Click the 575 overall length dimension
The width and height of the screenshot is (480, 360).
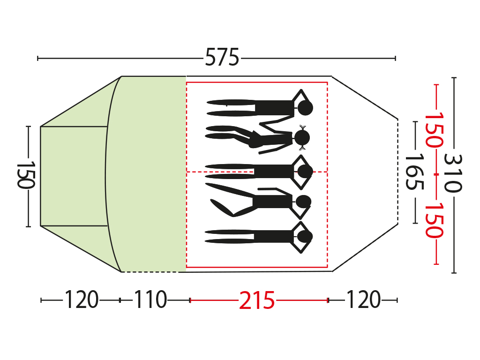pyautogui.click(x=222, y=57)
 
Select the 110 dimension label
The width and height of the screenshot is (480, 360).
pyautogui.click(x=150, y=300)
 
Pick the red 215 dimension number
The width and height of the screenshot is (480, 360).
pyautogui.click(x=257, y=300)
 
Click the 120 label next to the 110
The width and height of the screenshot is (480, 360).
pyautogui.click(x=82, y=300)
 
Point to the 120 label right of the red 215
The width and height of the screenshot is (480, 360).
pyautogui.click(x=363, y=300)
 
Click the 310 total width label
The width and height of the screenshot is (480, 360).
pyautogui.click(x=452, y=173)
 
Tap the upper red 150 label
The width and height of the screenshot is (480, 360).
pyautogui.click(x=434, y=130)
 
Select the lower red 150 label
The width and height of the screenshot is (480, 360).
pyautogui.click(x=434, y=220)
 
